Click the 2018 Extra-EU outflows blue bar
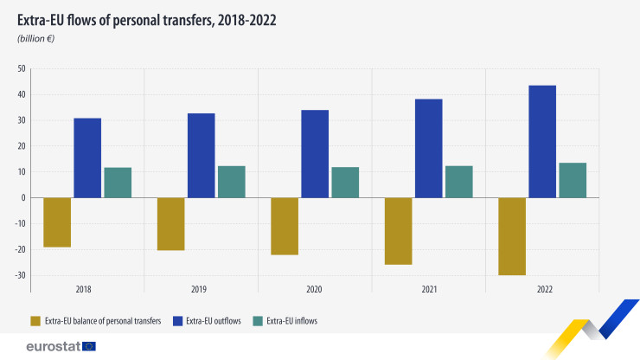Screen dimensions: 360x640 [87, 157]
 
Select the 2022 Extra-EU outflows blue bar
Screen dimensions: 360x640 [542, 141]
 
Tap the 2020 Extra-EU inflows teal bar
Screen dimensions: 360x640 [345, 182]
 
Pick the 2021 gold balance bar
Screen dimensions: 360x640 [399, 230]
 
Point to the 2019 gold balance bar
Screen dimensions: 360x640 [170, 223]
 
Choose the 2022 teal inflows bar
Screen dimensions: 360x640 [573, 180]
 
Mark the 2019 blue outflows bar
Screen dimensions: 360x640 [202, 155]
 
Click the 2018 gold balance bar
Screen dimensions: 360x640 [57, 222]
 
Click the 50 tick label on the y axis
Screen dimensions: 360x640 [22, 68]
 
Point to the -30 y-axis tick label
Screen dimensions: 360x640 [21, 275]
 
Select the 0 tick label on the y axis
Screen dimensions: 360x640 [25, 197]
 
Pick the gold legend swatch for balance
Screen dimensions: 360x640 [35, 321]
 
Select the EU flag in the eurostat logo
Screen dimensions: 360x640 [88, 346]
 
